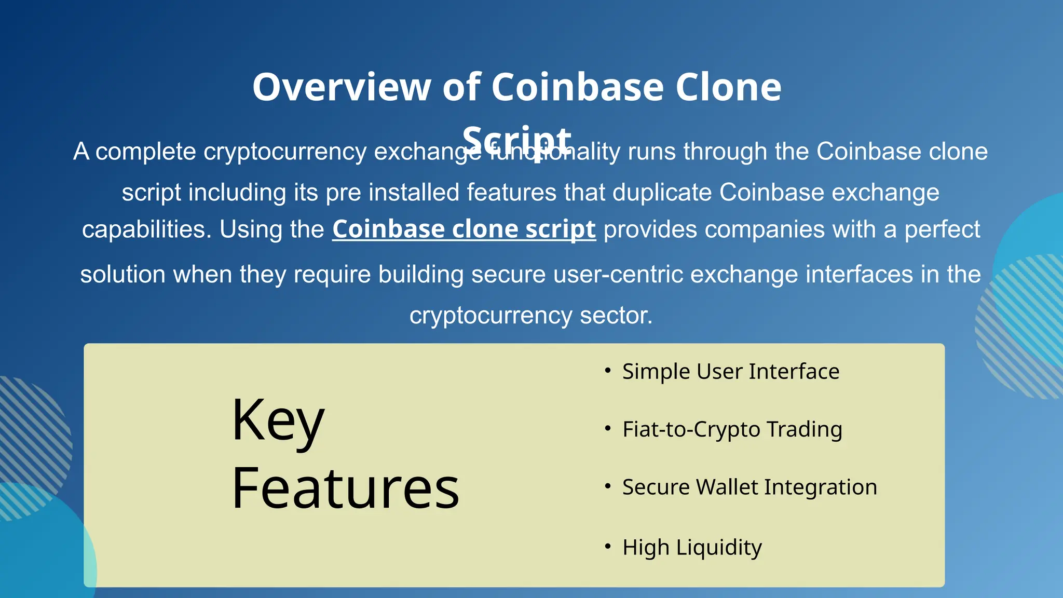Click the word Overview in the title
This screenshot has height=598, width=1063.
tap(342, 87)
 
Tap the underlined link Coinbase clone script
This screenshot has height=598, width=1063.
tap(464, 229)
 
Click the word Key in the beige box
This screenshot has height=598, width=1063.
tap(278, 420)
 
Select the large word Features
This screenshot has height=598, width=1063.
tap(345, 488)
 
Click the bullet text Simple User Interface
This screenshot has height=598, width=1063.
tap(730, 372)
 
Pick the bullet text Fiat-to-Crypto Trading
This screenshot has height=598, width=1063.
tap(732, 429)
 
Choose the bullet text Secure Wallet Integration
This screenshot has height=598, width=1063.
tap(749, 487)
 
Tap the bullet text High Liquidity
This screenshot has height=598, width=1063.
tap(692, 548)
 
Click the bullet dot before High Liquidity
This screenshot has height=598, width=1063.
tap(607, 547)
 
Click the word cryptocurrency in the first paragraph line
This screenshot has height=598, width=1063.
tap(285, 152)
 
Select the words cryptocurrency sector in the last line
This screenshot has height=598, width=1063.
tap(530, 316)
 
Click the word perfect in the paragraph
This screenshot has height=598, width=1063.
tap(942, 229)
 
